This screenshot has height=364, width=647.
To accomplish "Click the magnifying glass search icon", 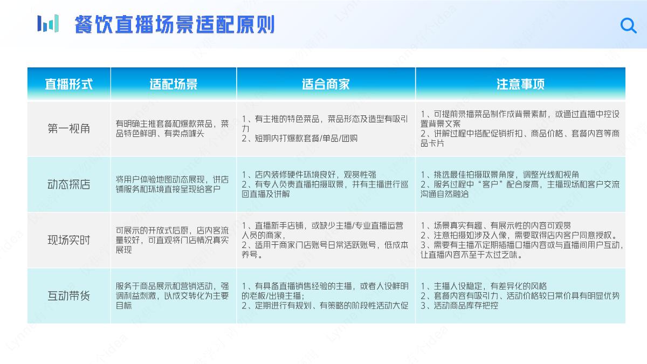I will click(x=628, y=25).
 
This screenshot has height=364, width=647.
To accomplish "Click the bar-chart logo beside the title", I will click(x=48, y=24).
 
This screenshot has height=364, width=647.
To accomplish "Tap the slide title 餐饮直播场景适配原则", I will click(x=175, y=25).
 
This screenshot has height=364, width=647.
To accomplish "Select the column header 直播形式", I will click(x=68, y=84).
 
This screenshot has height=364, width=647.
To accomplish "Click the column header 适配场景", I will click(x=174, y=84).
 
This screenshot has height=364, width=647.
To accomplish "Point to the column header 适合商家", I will click(x=326, y=84).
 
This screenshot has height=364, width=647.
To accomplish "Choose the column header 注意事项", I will click(x=520, y=84).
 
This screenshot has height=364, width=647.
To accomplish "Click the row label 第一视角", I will click(x=68, y=129).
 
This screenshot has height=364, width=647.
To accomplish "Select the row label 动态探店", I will click(x=68, y=184).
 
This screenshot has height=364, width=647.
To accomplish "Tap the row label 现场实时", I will click(x=68, y=240).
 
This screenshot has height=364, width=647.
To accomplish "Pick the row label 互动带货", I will click(x=68, y=296).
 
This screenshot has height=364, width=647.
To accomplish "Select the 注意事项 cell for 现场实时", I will click(x=521, y=241).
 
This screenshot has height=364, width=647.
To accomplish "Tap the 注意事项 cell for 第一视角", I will click(x=520, y=128).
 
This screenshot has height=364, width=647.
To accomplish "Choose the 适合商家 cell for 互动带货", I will click(x=325, y=296).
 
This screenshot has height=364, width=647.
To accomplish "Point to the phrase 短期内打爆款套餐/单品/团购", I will click(x=300, y=139).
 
